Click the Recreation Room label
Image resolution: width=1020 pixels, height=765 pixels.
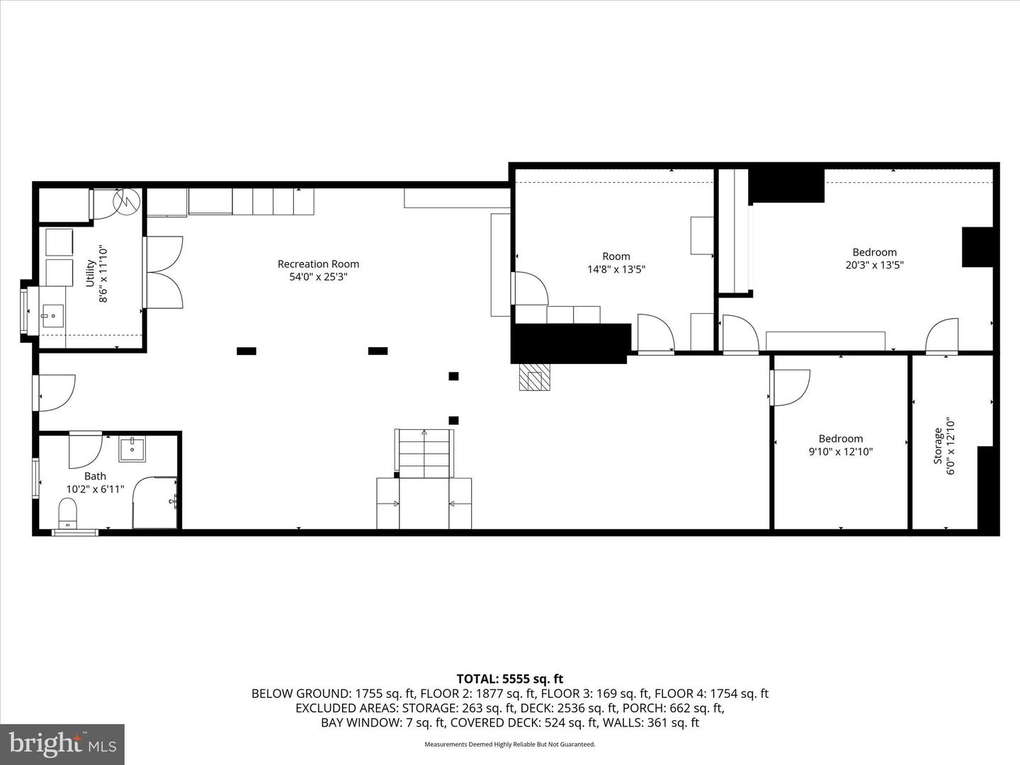pos(318,264)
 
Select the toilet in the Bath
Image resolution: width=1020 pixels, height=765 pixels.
pos(68,512)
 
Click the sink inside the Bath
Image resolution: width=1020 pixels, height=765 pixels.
pos(132,449)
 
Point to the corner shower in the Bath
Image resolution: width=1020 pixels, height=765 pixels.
pos(155,502)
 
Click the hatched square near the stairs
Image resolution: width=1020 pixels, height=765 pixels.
pos(534,377)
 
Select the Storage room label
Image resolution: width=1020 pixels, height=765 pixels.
pos(938,446)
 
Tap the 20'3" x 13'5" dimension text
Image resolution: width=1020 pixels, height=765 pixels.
pos(875,265)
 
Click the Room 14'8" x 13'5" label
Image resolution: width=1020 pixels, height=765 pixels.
pos(616,263)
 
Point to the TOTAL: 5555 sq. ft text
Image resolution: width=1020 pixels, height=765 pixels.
pos(510,679)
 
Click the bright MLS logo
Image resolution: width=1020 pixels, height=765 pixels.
pos(62,744)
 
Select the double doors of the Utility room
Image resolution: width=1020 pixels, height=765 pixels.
pos(164,273)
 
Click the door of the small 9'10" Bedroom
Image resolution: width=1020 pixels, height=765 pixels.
pos(789,387)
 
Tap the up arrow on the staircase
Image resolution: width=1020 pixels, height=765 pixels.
pos(424,432)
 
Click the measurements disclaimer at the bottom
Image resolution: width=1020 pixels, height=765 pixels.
pos(510,744)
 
